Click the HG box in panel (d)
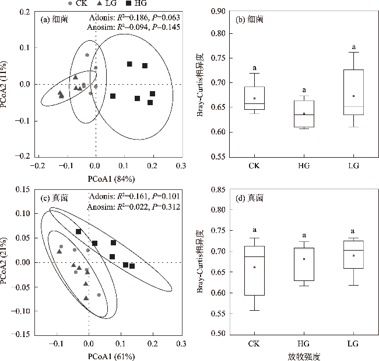tap(304, 264)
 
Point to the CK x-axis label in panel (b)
tap(254, 166)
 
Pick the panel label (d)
tap(240, 199)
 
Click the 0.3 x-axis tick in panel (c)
tap(184, 343)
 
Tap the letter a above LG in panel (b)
tap(353, 47)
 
